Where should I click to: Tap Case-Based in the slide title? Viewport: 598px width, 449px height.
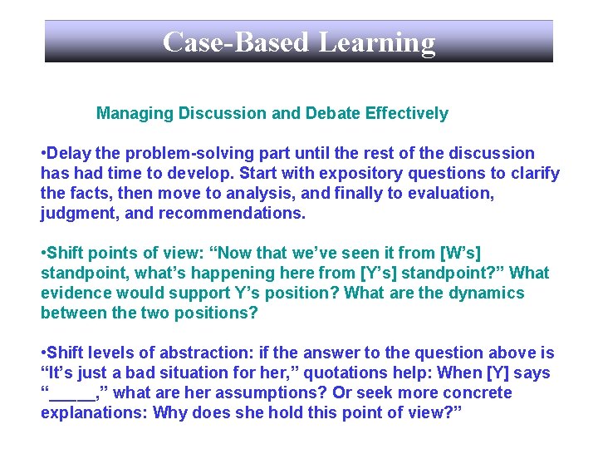tap(235, 42)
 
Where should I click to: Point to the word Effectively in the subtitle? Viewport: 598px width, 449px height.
tap(406, 113)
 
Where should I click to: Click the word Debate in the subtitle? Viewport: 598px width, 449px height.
tap(333, 113)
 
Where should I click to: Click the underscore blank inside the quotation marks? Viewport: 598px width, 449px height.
tap(72, 392)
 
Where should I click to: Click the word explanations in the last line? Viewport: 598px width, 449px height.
tap(94, 412)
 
